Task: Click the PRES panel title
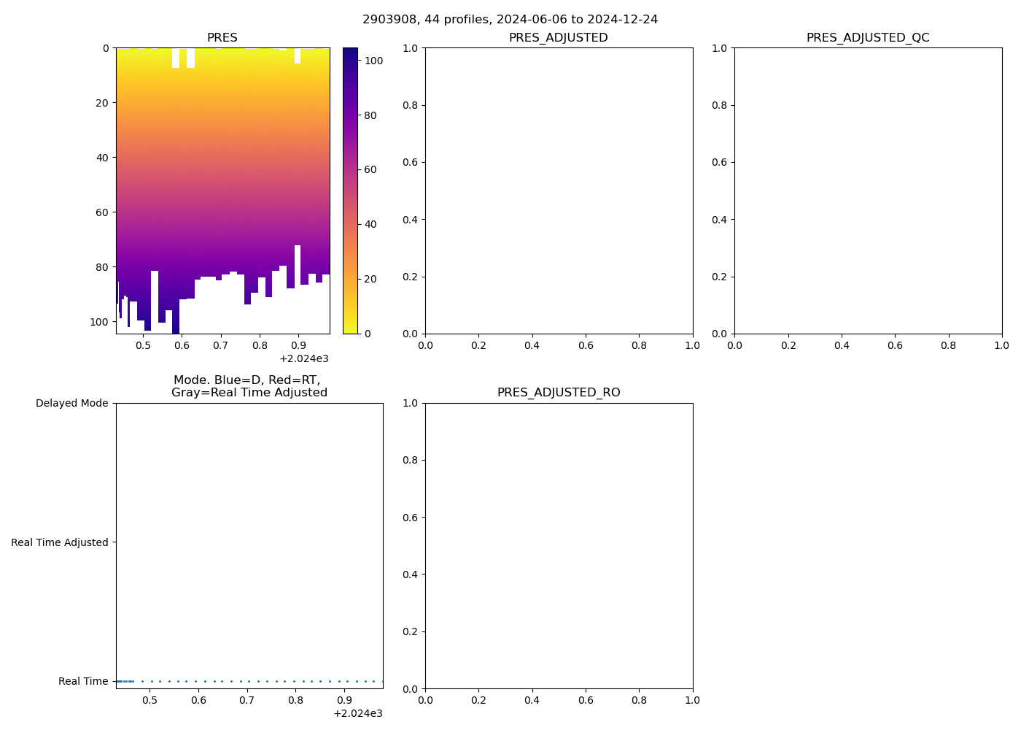[x=222, y=38]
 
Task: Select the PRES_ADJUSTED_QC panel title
[x=868, y=38]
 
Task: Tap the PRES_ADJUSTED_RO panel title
[x=559, y=393]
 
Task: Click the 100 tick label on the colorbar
[x=374, y=61]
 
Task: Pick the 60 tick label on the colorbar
[x=370, y=170]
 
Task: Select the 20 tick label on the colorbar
[x=370, y=279]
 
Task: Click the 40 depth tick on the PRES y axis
[x=101, y=158]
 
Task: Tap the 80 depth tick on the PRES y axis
[x=101, y=267]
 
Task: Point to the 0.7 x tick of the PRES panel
[x=220, y=345]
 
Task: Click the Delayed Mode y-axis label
[x=71, y=404]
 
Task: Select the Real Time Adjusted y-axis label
[x=60, y=542]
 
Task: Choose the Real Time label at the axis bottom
[x=83, y=682]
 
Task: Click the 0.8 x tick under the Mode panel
[x=296, y=701]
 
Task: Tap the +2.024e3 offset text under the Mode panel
[x=357, y=713]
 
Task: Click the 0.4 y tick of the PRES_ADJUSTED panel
[x=411, y=220]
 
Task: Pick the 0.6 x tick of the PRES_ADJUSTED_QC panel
[x=895, y=345]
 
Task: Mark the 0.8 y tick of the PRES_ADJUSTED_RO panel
[x=411, y=461]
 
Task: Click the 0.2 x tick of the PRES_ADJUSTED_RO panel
[x=478, y=701]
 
